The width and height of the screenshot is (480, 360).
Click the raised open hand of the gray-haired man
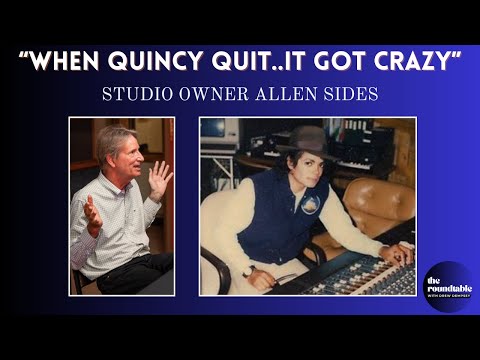pyautogui.click(x=159, y=181)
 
